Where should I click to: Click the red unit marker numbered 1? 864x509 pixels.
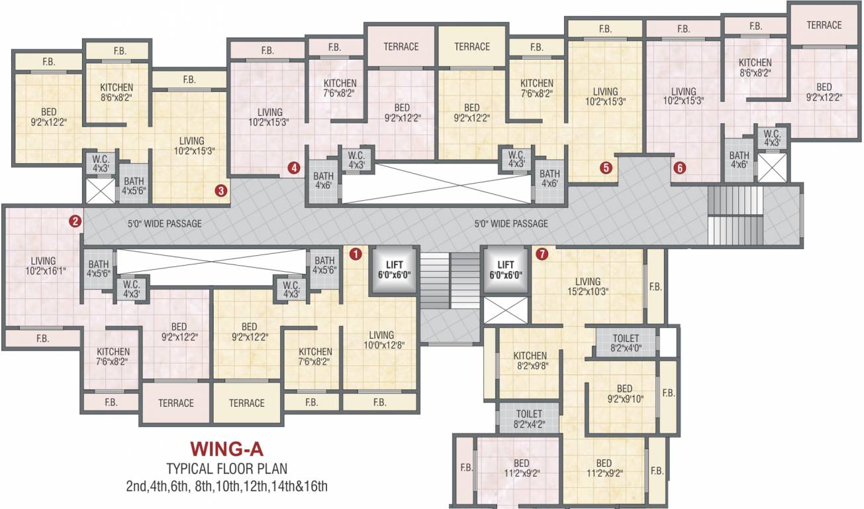pos(356,254)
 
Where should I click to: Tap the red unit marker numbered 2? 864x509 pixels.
pos(75,221)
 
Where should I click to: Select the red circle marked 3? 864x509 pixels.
pos(221,191)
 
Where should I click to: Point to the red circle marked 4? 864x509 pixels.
pos(294,168)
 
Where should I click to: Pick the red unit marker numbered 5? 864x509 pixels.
pos(605,168)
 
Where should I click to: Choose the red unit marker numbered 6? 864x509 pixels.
pos(679,168)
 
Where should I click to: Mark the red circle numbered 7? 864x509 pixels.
pos(542,254)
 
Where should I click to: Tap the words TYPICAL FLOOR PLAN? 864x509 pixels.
pos(226,469)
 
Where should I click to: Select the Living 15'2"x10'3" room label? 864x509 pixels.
pos(587,286)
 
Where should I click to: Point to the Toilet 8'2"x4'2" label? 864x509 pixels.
pos(529,418)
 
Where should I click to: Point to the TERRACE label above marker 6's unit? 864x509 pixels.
pos(824,25)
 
